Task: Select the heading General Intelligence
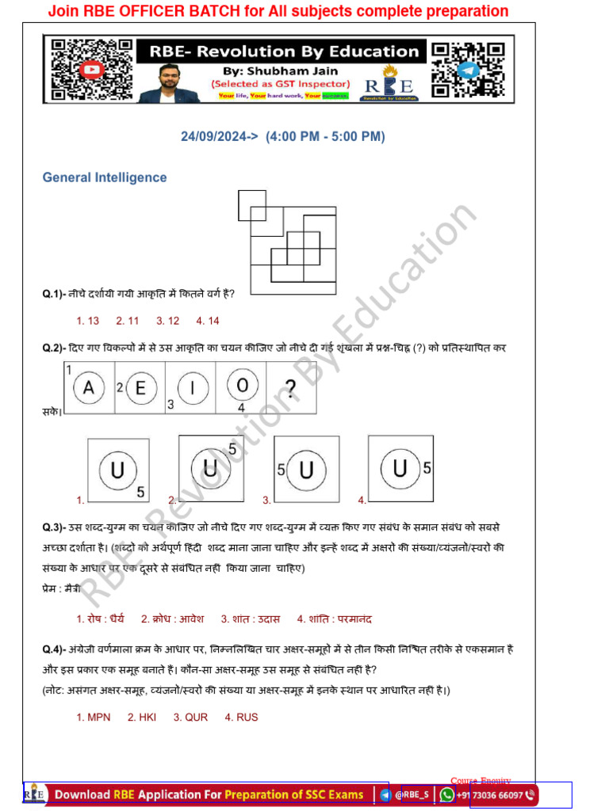tap(105, 177)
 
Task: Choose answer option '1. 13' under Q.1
tap(87, 321)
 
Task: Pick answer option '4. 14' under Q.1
tap(208, 321)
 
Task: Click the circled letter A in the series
tap(90, 388)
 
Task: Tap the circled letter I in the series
tap(193, 388)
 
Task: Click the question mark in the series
tap(291, 389)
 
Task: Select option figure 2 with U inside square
tap(210, 468)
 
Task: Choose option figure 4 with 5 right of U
tap(400, 469)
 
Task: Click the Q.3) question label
tap(54, 527)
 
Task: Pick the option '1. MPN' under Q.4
tap(94, 718)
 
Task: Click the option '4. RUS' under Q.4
tap(241, 718)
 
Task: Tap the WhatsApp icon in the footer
tap(446, 795)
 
